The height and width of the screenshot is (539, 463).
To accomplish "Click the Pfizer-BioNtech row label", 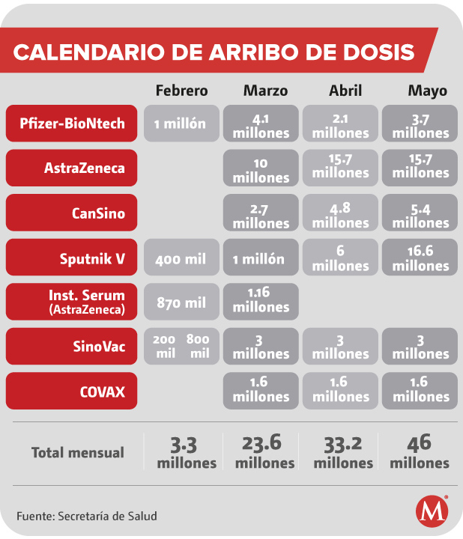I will coord(72,124).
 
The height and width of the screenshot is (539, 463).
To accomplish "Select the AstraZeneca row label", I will coord(72,168).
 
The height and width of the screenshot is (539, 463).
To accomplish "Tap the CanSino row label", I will coord(72,213).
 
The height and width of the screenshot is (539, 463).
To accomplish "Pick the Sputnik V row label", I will coord(72,258).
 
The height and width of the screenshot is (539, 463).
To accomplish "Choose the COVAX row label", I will coord(72,391).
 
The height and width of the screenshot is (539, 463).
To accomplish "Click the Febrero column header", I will coord(181,91).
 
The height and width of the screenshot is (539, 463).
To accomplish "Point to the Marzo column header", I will coord(264,91).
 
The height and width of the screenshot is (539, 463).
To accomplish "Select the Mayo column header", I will coord(427,91).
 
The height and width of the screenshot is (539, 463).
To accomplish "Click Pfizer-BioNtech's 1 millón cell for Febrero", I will coord(181,124).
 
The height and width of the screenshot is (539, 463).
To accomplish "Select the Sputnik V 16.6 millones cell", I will coord(420,258).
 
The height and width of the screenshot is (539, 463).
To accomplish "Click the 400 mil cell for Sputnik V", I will coord(181,258).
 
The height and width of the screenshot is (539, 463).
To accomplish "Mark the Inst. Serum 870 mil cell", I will coord(181,302).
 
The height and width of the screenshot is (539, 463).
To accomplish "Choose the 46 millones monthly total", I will coord(420,452).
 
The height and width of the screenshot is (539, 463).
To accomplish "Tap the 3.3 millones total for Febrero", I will coord(187,452).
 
